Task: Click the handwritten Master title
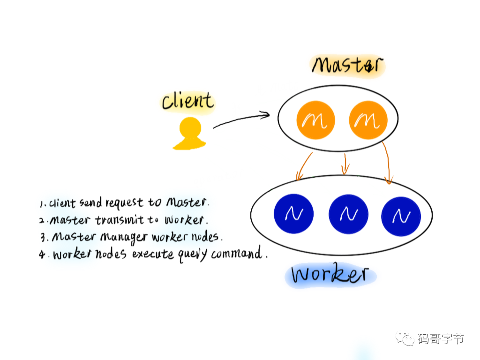click(x=347, y=65)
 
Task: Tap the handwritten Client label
click(x=187, y=101)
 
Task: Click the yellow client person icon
click(x=189, y=134)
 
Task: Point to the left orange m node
click(x=315, y=120)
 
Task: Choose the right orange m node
click(x=368, y=120)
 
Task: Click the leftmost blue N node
click(x=293, y=214)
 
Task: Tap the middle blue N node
click(x=348, y=214)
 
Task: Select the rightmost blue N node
click(x=401, y=216)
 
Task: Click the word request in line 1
click(x=124, y=203)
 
